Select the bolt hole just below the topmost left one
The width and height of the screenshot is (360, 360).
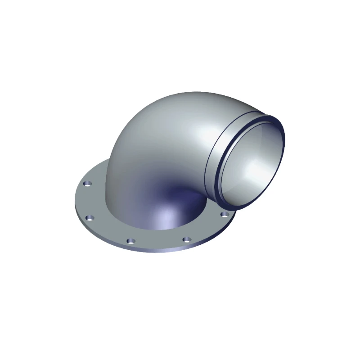tap(91, 218)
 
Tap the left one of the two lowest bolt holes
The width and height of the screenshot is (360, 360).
tap(130, 241)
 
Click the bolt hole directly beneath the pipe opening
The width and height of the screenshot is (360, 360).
tap(223, 213)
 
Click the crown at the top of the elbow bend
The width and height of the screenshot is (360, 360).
tap(180, 97)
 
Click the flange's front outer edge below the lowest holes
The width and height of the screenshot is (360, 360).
tap(157, 251)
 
